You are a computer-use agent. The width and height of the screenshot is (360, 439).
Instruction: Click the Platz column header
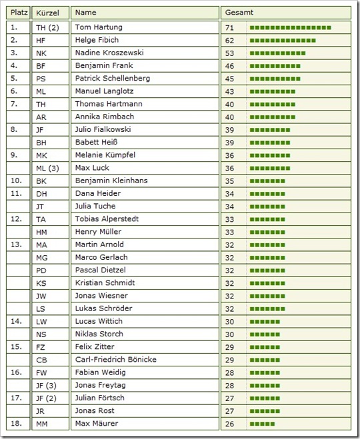point(18,13)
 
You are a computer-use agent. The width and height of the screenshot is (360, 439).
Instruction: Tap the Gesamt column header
point(239,13)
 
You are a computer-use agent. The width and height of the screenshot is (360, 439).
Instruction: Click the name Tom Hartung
point(99,27)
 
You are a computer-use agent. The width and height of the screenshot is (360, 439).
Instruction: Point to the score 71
point(230,27)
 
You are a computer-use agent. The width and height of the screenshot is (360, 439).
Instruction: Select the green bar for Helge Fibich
point(283,40)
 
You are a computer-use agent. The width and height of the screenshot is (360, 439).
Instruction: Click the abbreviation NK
point(41,53)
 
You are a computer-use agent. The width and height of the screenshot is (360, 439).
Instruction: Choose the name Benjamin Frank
point(104,66)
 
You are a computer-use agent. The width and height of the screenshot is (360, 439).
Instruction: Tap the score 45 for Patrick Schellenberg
point(230,79)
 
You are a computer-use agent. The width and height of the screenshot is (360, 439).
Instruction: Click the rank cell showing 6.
point(14,91)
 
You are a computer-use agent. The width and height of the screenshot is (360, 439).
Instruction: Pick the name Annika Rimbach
point(105,117)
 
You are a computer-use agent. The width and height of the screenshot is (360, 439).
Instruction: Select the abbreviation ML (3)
point(47,168)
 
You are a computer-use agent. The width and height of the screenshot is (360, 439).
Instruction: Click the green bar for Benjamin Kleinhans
point(267,181)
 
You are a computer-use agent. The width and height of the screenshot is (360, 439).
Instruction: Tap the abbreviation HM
point(41,232)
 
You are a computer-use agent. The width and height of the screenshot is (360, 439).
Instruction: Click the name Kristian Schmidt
point(105,282)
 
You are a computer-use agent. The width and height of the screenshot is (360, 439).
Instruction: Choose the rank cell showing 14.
point(16,321)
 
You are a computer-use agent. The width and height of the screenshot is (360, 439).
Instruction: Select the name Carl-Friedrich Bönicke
point(116,360)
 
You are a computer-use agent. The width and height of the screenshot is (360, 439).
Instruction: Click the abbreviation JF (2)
point(47,398)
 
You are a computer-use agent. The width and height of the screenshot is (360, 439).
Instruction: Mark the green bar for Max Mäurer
point(263,424)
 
